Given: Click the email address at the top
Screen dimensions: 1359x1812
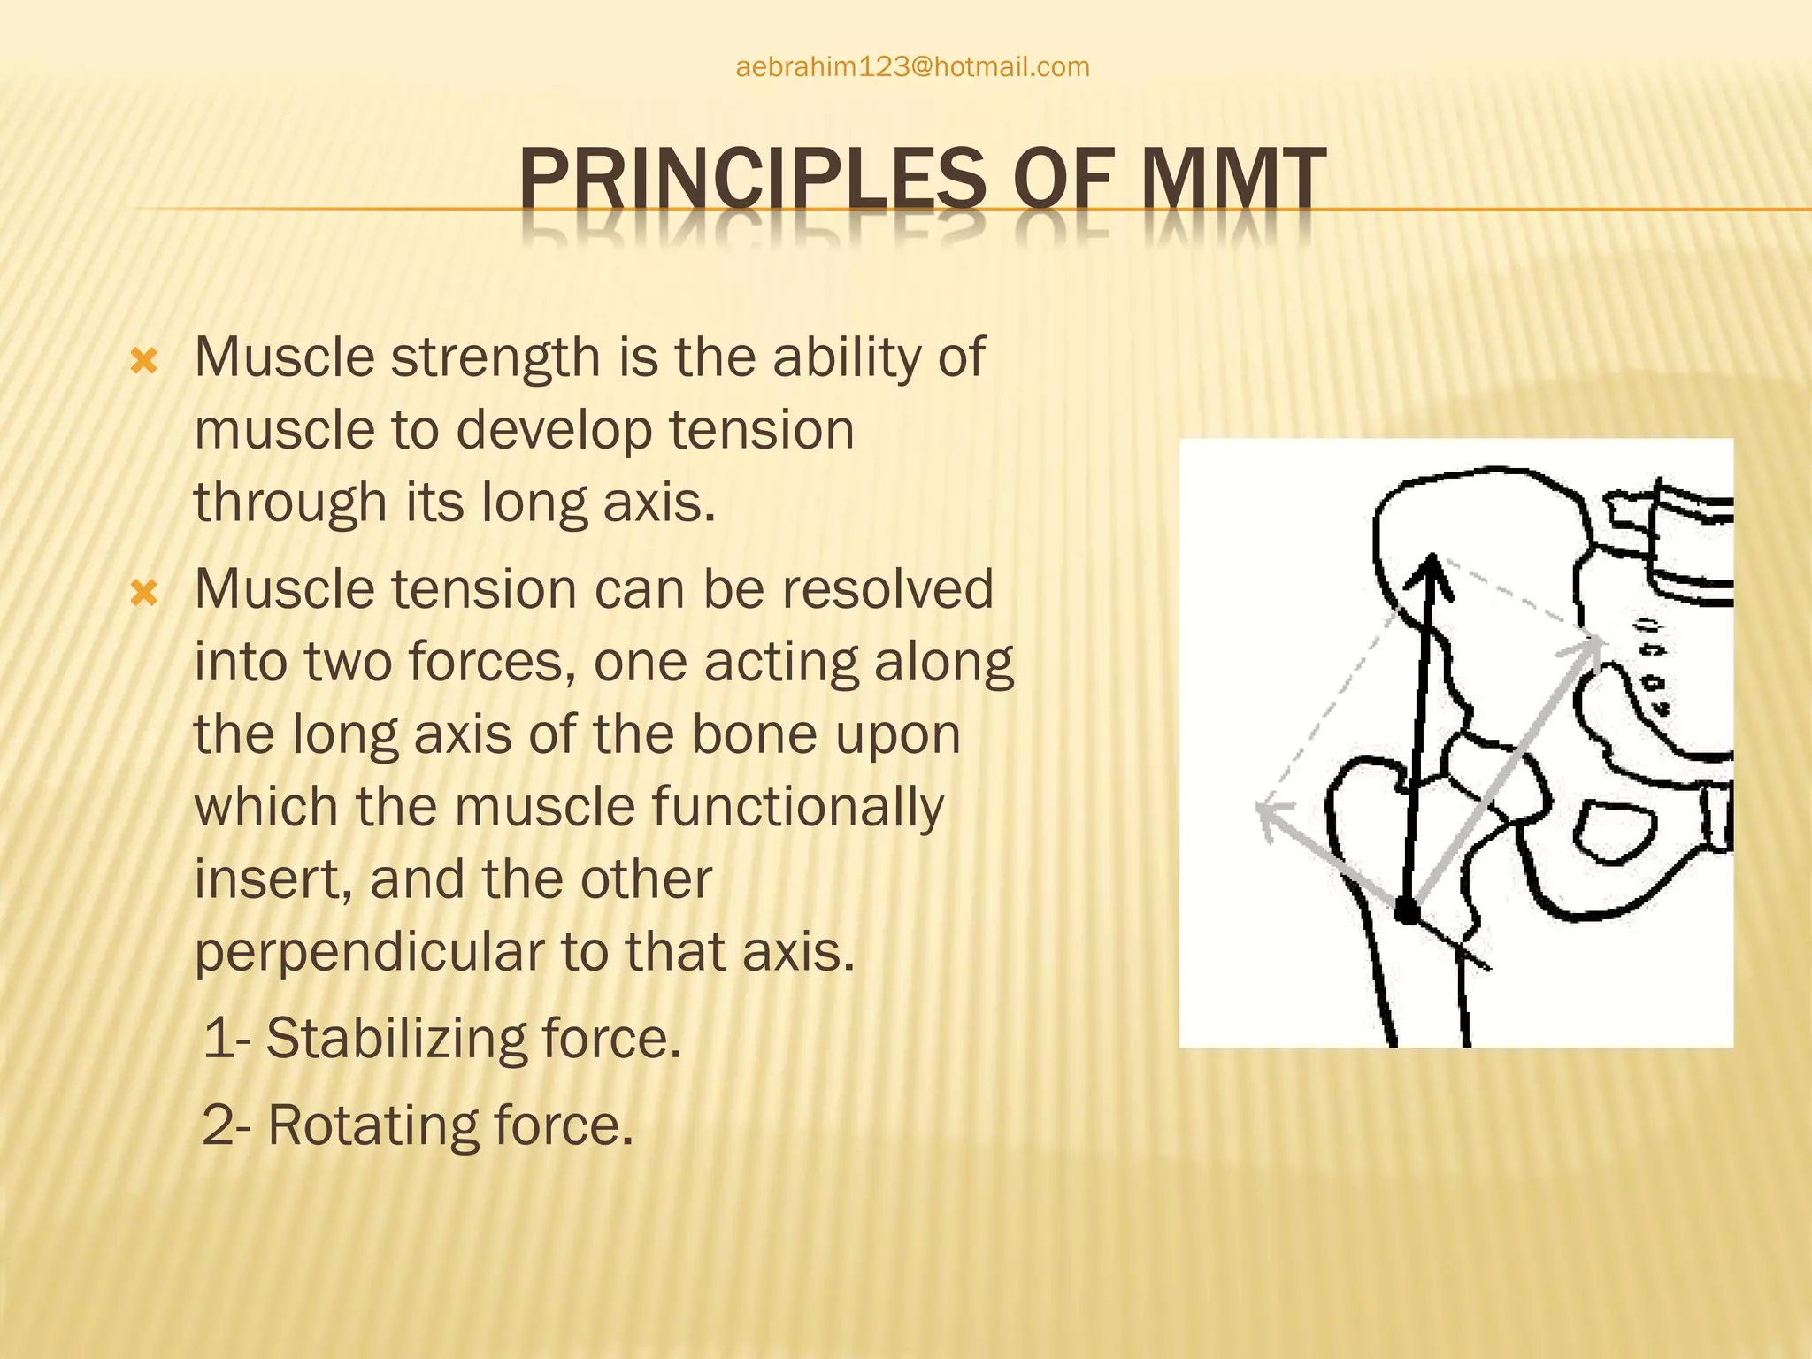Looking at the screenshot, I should [x=912, y=67].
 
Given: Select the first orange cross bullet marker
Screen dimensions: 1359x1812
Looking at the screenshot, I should [x=143, y=361].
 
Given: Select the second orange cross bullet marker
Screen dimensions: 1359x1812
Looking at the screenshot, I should [x=143, y=593].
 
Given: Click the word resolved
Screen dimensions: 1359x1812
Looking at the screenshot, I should [x=886, y=589].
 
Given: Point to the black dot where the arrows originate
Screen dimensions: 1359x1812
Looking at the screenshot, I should [x=1406, y=911].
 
